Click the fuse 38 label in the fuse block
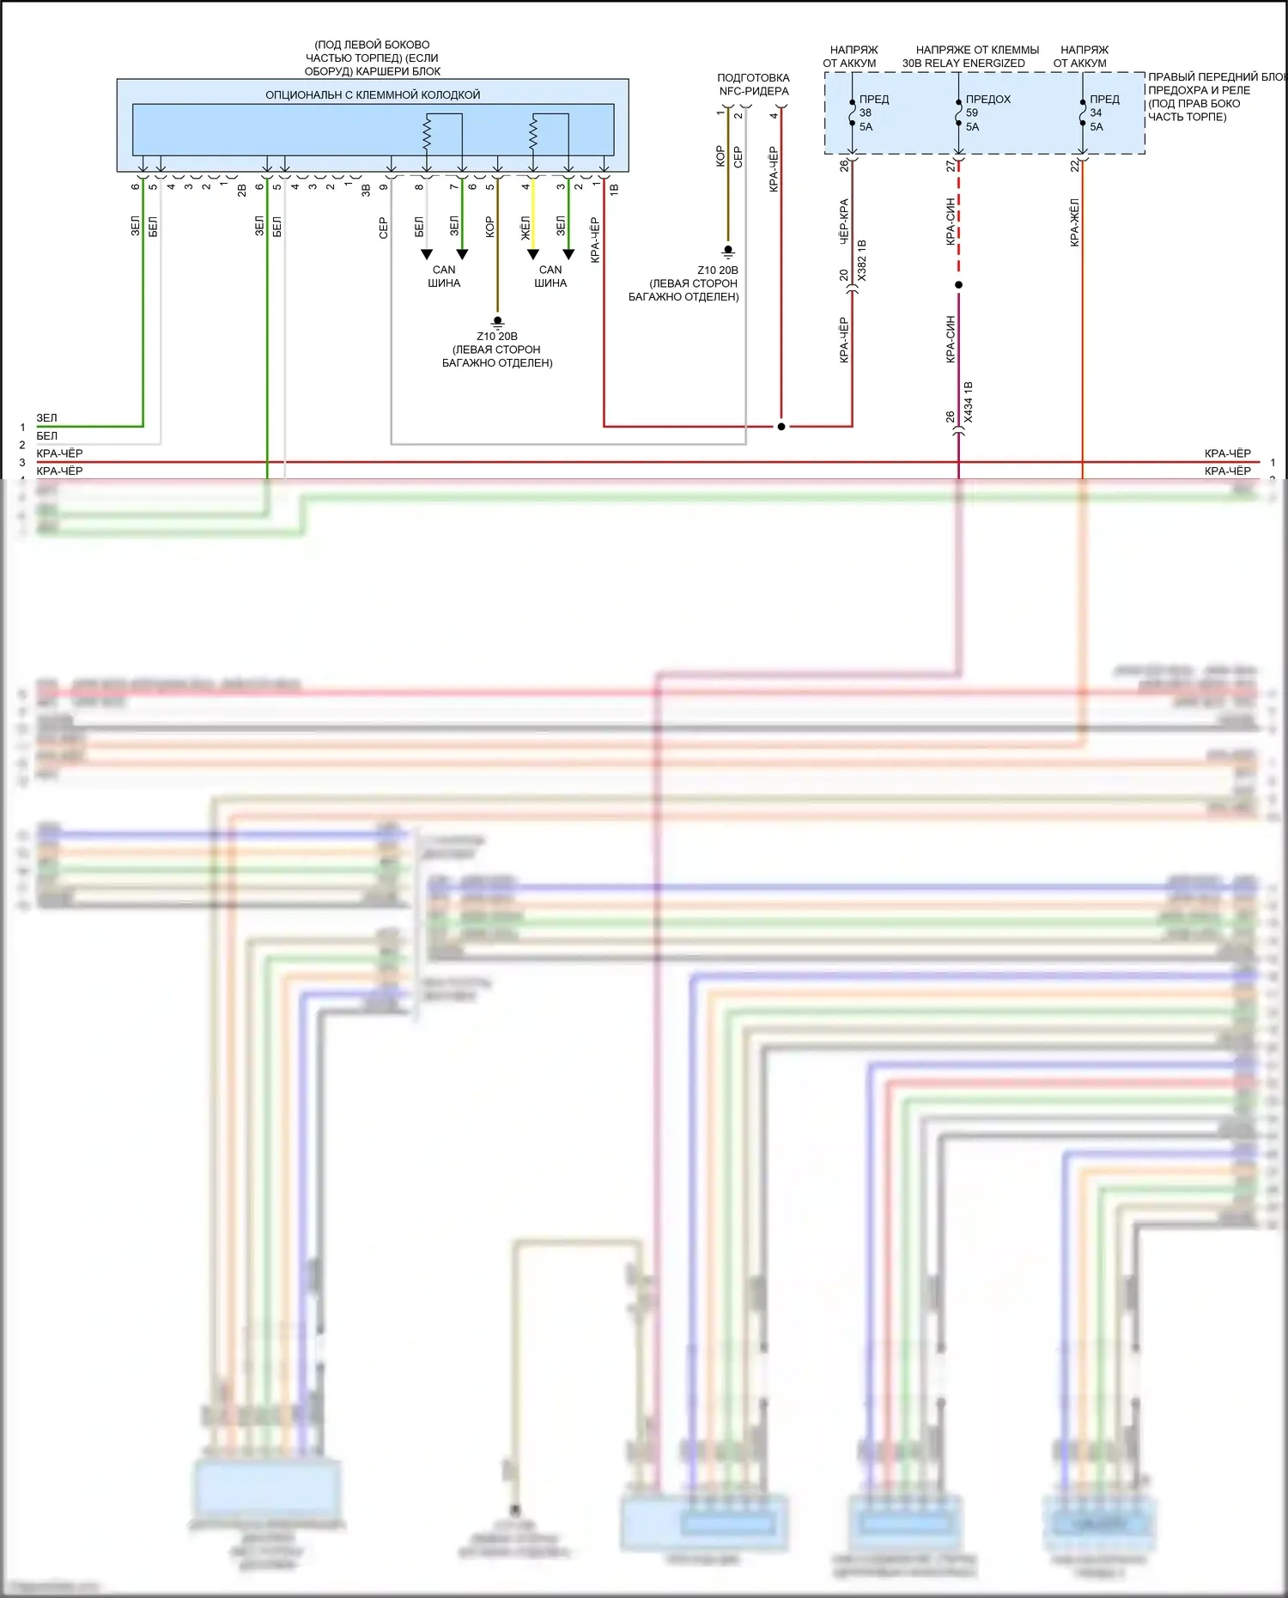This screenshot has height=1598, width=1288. point(866,112)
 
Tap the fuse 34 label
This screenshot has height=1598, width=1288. point(1097,112)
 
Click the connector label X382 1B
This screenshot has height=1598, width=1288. point(861,260)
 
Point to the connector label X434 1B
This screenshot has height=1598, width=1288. point(968,402)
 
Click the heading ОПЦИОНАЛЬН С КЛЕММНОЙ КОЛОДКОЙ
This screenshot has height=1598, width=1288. point(372,94)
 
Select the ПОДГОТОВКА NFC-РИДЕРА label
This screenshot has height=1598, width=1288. point(753,84)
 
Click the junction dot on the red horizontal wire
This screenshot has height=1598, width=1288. point(781,427)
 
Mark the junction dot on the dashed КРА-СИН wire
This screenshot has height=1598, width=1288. point(958,284)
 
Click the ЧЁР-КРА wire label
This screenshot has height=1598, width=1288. point(843,222)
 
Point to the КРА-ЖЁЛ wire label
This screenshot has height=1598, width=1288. point(1074,222)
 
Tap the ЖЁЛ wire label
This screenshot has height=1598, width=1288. point(525,227)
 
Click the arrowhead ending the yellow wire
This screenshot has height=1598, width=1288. point(532,254)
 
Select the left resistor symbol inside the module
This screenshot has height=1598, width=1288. point(426,132)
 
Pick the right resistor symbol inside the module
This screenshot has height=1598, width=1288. point(532,132)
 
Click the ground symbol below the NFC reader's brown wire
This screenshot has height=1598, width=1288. point(728,252)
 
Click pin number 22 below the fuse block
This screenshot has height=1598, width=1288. point(1074,166)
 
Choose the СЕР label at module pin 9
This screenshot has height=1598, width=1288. point(383,228)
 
